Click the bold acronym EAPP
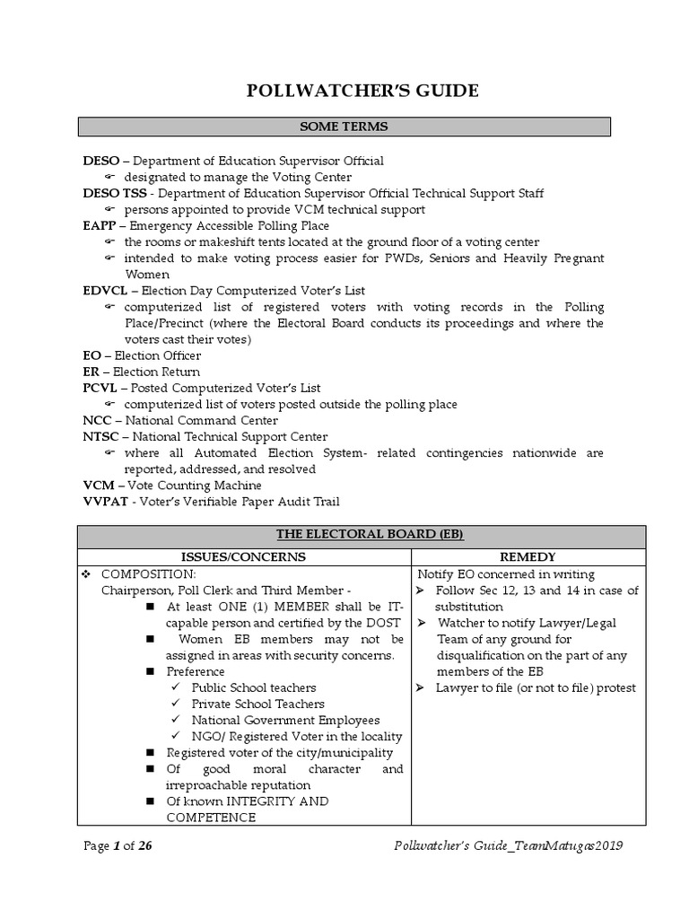point(98,226)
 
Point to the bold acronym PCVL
point(99,388)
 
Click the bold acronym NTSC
point(100,436)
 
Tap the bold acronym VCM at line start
point(97,485)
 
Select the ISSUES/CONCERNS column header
point(244,557)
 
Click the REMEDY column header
point(528,557)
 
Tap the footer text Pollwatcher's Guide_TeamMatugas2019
point(509,845)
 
